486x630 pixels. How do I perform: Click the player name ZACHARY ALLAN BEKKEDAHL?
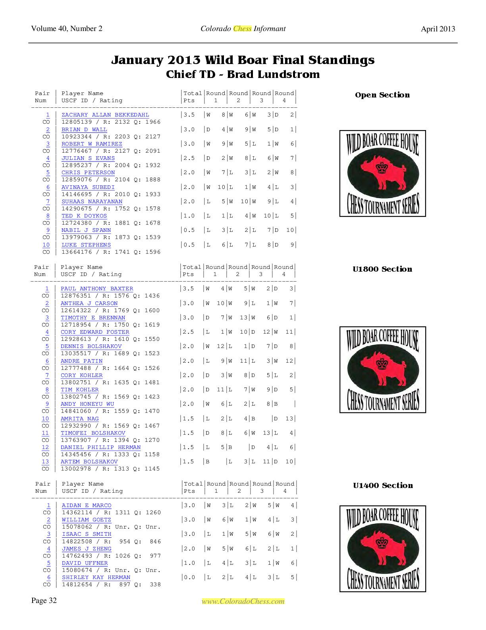[x=105, y=115]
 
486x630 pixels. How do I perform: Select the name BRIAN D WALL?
[x=84, y=129]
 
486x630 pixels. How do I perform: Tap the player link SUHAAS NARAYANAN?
[x=92, y=202]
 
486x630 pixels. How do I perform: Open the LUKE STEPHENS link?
[x=86, y=245]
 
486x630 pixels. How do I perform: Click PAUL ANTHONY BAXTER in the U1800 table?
[x=97, y=289]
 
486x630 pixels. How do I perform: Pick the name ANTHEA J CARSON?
[x=89, y=303]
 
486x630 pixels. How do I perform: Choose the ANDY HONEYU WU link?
[x=87, y=404]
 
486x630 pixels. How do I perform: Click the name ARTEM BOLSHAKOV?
[x=89, y=462]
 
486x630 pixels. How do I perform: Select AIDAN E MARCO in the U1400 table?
[x=87, y=506]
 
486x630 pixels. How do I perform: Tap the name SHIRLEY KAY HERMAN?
[x=96, y=577]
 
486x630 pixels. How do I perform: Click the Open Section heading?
[x=382, y=95]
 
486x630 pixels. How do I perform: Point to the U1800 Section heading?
[x=382, y=269]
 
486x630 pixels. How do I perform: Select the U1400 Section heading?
[x=383, y=486]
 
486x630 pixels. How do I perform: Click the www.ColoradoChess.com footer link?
[x=243, y=601]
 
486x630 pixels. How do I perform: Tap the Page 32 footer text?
[x=44, y=601]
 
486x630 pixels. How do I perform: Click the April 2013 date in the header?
[x=438, y=29]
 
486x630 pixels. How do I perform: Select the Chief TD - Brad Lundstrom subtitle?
[x=243, y=74]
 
